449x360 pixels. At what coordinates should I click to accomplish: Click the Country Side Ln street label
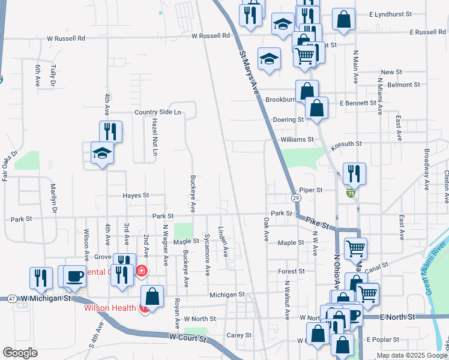pos(158,112)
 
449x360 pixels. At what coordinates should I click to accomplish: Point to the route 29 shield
pos(296,197)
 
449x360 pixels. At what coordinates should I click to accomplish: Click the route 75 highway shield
pos(349,193)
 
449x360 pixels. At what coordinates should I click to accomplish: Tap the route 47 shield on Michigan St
pos(12,298)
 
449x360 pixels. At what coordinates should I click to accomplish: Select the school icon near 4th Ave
pos(102,154)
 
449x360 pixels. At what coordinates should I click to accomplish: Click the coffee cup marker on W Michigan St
pos(74,276)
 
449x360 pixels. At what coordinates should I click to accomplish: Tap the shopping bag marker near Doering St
pos(316,109)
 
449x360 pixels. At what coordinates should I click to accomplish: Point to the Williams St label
pos(297,139)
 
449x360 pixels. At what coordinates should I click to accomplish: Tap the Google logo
pos(20,353)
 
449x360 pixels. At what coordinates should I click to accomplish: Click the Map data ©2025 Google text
pos(411,355)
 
